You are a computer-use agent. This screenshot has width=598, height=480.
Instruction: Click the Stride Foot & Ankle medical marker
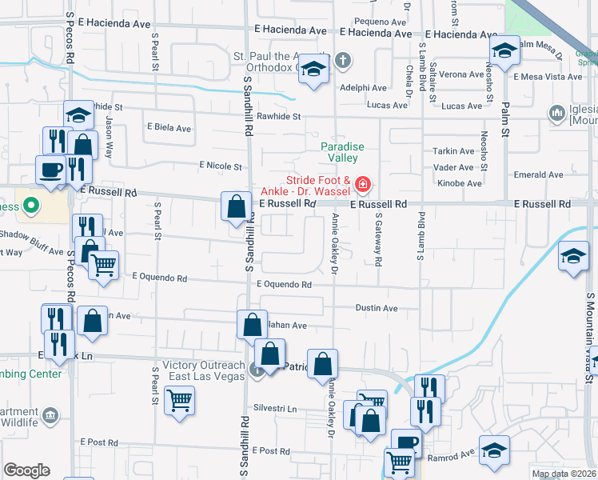click(x=362, y=186)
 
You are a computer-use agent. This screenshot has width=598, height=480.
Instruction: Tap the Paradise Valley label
click(x=343, y=152)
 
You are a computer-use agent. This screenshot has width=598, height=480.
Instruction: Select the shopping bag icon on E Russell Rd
click(x=236, y=206)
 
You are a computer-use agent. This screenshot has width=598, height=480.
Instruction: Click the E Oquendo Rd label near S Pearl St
click(x=160, y=278)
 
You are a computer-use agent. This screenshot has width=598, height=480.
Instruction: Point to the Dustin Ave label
click(x=377, y=308)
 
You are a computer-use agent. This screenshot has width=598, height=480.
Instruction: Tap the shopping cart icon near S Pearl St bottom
click(x=179, y=399)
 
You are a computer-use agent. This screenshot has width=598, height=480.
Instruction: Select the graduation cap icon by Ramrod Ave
click(x=494, y=449)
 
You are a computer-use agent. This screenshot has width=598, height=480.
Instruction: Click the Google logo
click(x=26, y=470)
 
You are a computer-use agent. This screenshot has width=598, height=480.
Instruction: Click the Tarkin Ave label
click(x=454, y=151)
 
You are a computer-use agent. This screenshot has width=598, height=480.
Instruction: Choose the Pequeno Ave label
click(x=381, y=22)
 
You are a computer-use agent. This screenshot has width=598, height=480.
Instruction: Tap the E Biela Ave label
click(x=168, y=128)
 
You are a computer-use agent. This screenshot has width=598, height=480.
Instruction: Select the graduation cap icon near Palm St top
click(x=504, y=50)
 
